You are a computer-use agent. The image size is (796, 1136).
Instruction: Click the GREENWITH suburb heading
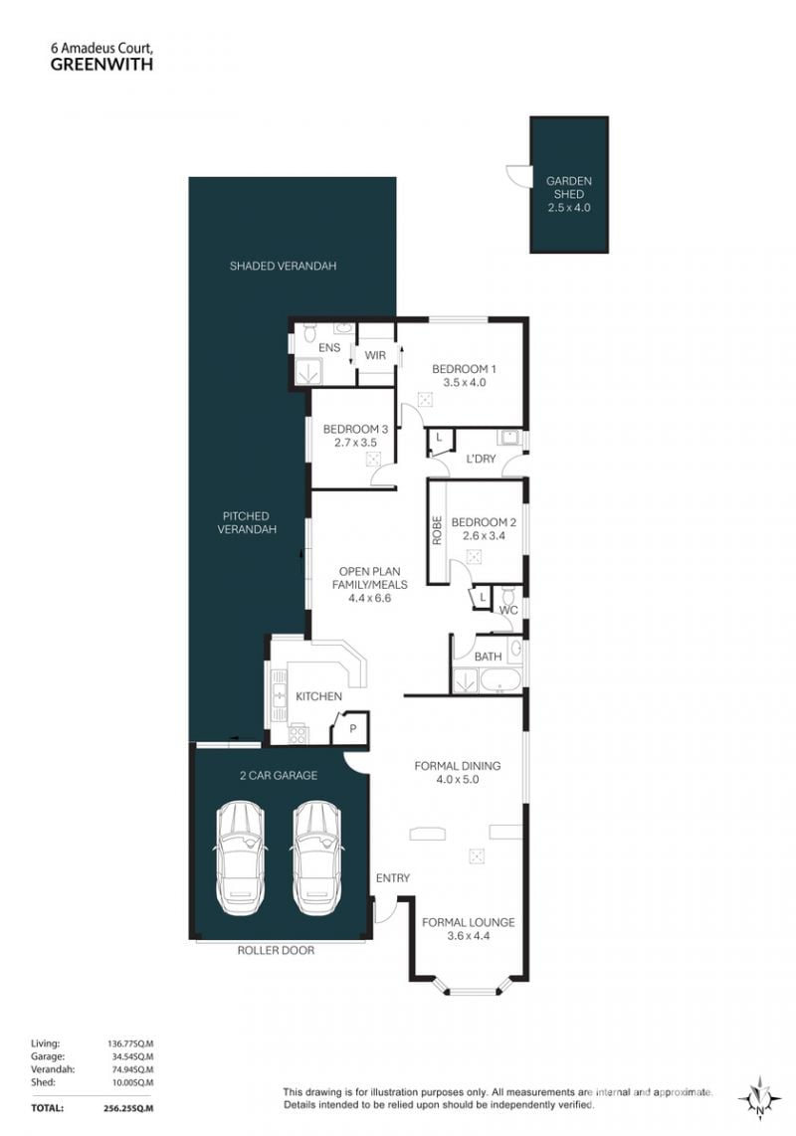coord(101,64)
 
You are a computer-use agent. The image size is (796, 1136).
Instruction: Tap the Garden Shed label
coord(569,187)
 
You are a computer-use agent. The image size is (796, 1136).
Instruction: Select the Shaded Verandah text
coord(283,266)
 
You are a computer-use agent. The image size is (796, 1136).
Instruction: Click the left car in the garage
coord(240,858)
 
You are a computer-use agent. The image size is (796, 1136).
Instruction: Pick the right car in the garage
coord(316,858)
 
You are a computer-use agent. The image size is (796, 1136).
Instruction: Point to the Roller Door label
coord(277,951)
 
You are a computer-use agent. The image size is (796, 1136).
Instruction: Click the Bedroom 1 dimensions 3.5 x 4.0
coord(465,383)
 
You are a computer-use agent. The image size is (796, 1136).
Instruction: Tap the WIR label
coord(375,356)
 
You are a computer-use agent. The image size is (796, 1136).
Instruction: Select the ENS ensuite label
coord(329,348)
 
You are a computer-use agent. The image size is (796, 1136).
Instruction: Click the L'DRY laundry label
coord(481,459)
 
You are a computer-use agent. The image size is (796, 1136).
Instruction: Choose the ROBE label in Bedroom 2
coord(437,529)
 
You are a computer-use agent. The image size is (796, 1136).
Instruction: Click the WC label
coord(508,610)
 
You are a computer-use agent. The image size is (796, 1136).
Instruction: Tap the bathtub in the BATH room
coord(500,681)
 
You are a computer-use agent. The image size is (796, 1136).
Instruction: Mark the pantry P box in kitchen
coord(351,728)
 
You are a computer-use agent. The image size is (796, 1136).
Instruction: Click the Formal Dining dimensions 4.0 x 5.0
coord(458,780)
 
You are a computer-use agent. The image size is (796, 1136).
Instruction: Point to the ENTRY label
coord(393,878)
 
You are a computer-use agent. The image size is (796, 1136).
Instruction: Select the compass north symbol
coord(759,1100)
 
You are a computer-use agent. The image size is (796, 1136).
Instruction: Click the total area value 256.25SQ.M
coord(129,1108)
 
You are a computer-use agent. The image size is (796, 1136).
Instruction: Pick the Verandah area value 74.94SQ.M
coord(131,1069)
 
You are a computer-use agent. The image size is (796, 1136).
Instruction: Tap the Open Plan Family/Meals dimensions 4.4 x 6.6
coord(370,599)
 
